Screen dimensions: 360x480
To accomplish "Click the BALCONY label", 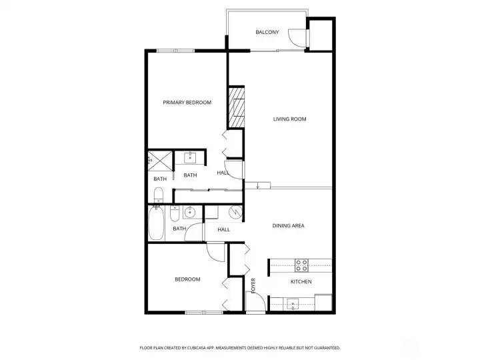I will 267,32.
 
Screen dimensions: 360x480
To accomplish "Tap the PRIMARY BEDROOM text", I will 187,103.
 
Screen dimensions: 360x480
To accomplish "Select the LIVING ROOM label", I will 289,119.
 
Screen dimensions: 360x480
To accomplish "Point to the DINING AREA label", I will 288,226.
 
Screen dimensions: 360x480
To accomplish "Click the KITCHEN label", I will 301,282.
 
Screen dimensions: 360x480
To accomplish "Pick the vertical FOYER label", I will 253,285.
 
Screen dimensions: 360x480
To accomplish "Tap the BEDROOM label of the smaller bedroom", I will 187,279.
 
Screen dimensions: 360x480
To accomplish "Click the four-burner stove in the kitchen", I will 301,263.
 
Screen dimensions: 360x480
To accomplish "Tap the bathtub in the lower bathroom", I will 155,225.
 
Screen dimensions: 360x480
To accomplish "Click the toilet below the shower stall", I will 158,196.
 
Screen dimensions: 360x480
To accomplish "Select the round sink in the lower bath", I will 189,213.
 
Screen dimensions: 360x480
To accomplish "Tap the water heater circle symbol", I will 235,213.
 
